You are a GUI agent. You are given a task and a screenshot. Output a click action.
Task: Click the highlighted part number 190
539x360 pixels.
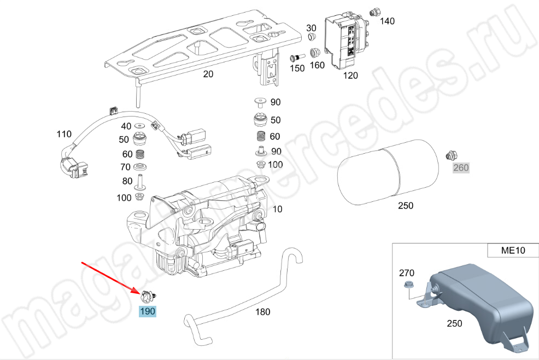point(148,312)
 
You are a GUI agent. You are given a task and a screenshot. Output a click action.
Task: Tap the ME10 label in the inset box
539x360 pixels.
point(513,251)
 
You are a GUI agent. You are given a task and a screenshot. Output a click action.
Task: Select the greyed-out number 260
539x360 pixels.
point(461,167)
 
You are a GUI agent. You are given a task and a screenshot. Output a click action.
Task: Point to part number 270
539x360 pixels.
point(406,272)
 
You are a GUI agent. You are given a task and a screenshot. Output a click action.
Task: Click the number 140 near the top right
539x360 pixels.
point(386,21)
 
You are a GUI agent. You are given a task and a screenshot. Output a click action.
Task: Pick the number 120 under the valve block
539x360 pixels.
point(350,76)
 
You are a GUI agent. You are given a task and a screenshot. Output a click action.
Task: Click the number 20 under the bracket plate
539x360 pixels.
point(208,74)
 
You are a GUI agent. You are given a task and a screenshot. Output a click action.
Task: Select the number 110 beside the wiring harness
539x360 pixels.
point(64,133)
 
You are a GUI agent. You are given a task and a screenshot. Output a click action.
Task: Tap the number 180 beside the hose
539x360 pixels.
point(263,312)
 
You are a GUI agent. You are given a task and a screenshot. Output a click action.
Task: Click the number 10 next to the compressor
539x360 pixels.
point(277,209)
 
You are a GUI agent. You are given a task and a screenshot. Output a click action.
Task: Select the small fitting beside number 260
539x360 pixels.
point(451,155)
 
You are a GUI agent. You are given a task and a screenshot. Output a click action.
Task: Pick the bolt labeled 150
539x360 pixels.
point(296,57)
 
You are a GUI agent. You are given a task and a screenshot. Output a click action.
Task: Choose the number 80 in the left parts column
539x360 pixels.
point(126,181)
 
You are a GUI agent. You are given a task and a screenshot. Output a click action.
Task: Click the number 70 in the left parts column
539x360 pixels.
point(126,167)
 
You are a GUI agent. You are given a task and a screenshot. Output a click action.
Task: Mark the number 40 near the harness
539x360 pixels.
point(126,126)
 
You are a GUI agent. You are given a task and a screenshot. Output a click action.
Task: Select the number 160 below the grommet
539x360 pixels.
point(317,65)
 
